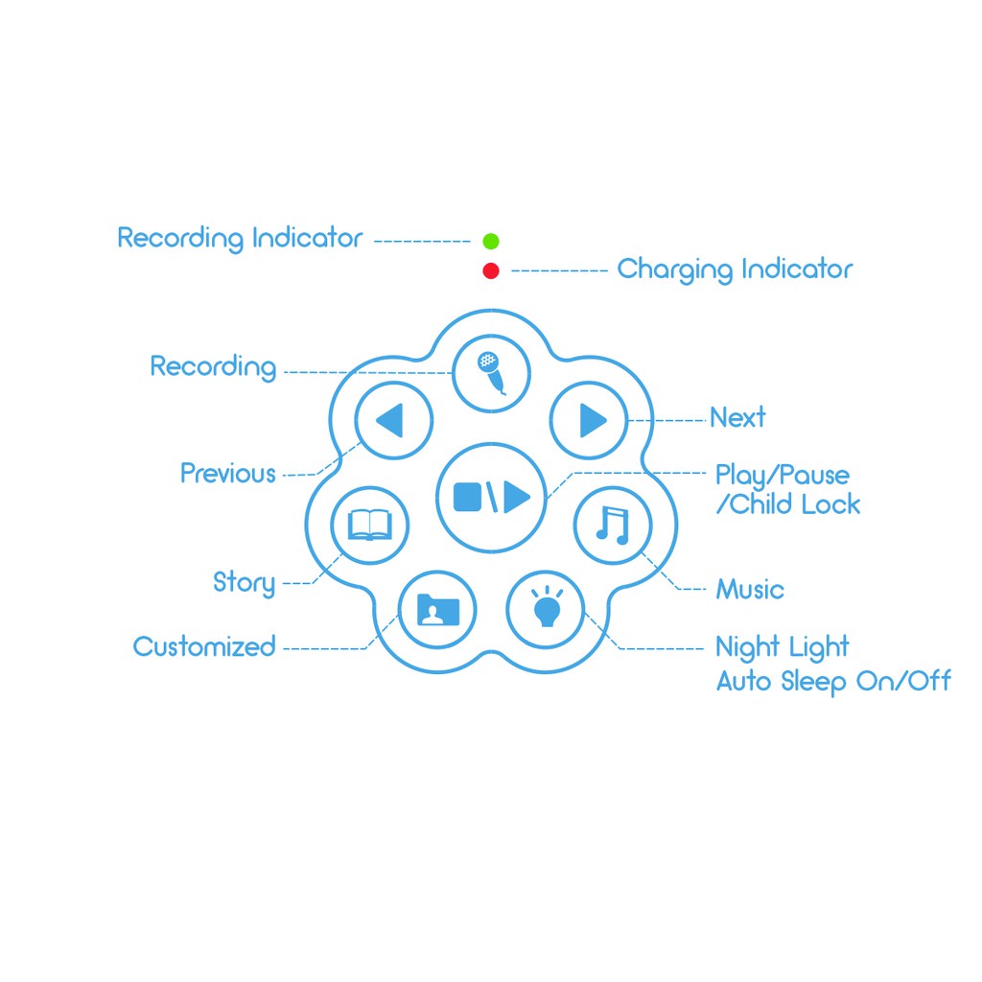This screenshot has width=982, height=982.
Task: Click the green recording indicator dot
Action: tap(491, 241)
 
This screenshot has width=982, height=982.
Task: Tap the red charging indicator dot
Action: tap(491, 270)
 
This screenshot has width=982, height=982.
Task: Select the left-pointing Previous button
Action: tap(394, 420)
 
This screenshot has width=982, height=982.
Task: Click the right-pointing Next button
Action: tap(589, 420)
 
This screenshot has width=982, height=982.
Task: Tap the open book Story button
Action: tap(370, 525)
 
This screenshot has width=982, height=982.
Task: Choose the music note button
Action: tap(613, 525)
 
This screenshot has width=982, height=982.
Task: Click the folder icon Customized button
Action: tap(437, 609)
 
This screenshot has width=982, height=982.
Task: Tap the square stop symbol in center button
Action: tap(467, 498)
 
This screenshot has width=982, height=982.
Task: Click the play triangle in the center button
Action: tap(517, 498)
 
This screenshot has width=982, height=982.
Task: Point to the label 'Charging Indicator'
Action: tap(735, 269)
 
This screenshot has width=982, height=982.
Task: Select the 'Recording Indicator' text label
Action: tap(241, 239)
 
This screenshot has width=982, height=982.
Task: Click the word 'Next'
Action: tap(737, 418)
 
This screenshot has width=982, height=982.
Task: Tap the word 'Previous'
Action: tap(228, 474)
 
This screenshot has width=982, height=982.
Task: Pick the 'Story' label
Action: tap(245, 583)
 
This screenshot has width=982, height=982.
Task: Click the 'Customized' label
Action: tap(204, 647)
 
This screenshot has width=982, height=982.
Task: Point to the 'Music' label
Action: tap(750, 590)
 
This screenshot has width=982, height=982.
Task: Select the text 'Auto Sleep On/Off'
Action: tap(833, 682)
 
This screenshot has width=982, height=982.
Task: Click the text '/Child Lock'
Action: tap(788, 504)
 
